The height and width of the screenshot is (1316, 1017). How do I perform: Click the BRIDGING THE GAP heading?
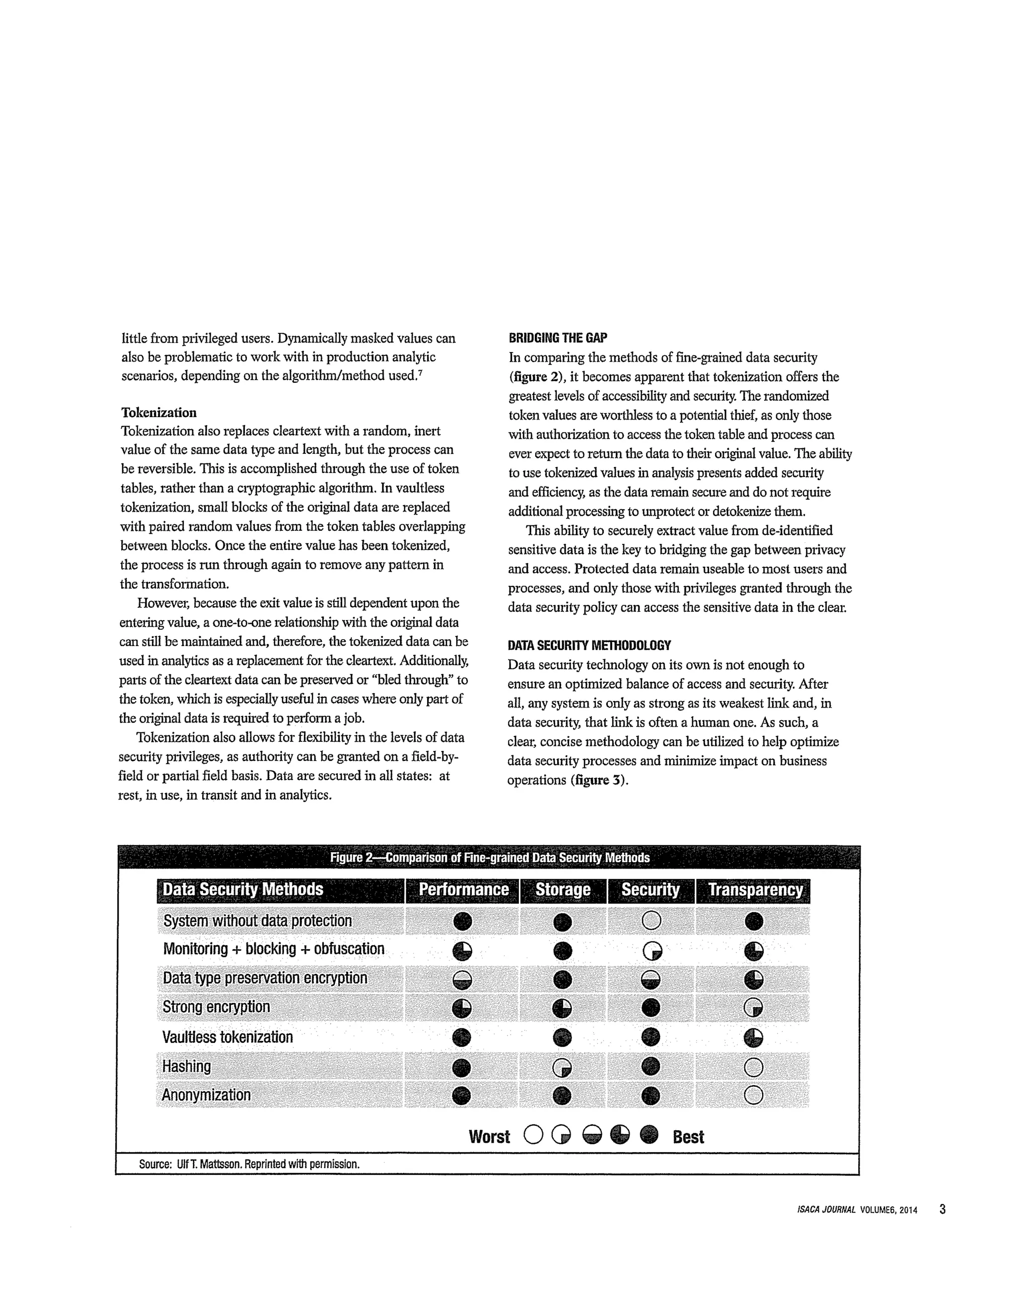coord(558,338)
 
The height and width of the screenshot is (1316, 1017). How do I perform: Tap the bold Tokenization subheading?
coord(159,413)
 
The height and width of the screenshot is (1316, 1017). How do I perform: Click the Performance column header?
coord(463,890)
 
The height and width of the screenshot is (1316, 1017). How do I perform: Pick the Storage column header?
coord(563,890)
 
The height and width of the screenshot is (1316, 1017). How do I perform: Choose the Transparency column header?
coord(755,890)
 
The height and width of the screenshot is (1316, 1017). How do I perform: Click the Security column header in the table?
coord(651,890)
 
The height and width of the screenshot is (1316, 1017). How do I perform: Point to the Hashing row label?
coord(187,1067)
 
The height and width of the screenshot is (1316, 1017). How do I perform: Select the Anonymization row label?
coord(206,1095)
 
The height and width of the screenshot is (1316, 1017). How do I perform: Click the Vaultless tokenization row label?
coord(228,1037)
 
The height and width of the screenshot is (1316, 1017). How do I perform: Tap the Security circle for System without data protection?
coord(652,921)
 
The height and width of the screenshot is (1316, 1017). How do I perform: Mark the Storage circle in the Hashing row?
coord(562,1068)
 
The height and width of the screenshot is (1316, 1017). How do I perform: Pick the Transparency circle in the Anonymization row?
coord(754,1096)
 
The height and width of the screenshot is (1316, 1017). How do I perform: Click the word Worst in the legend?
coord(489,1137)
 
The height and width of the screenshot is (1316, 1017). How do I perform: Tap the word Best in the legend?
coord(688,1137)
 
